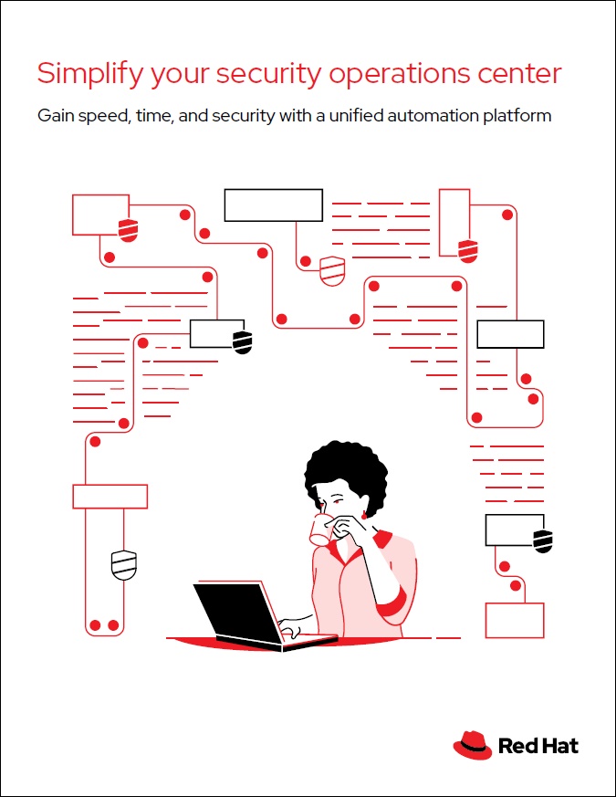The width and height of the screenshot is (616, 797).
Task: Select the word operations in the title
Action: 402,73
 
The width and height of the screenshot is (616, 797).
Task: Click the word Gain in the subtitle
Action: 55,117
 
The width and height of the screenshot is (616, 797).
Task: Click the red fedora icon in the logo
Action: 472,745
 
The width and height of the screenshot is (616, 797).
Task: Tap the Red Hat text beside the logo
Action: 538,746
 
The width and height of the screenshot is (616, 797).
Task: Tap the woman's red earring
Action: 364,516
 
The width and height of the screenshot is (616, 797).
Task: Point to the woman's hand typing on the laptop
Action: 294,628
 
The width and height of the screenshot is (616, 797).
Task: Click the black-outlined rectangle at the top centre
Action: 274,204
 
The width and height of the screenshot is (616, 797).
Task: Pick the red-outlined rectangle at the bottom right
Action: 514,620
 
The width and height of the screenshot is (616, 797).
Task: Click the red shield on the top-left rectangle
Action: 129,228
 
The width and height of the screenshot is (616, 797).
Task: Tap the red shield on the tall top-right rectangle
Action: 467,248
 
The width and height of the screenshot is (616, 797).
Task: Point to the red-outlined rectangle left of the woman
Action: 110,496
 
